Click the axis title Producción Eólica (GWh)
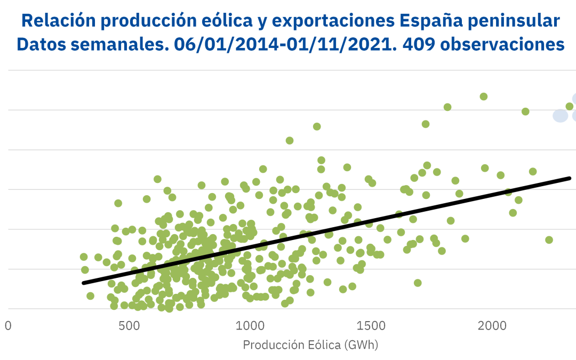pyautogui.click(x=310, y=345)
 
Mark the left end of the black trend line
pyautogui.click(x=83, y=283)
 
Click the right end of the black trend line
pyautogui.click(x=570, y=178)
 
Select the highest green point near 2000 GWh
pyautogui.click(x=484, y=97)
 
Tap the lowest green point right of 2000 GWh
pyautogui.click(x=549, y=239)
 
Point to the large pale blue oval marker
pyautogui.click(x=560, y=115)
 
